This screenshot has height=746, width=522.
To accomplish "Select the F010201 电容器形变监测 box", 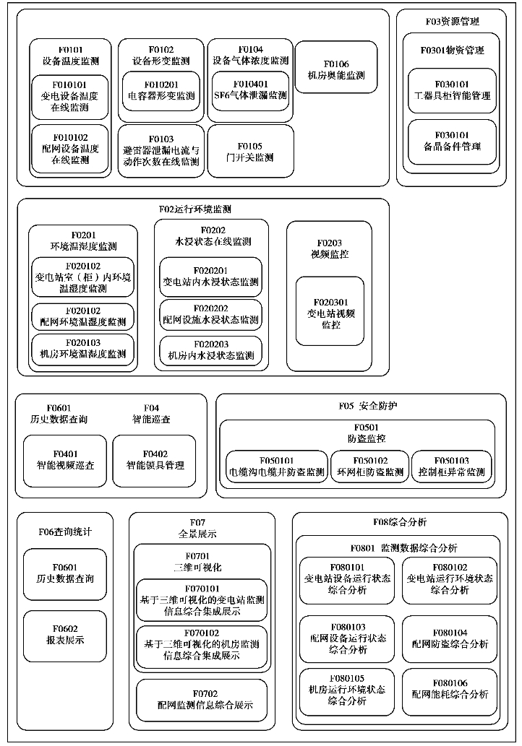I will click(161, 90).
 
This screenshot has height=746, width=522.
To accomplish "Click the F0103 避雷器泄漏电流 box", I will click(161, 150).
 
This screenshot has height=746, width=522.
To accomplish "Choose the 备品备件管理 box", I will click(452, 141).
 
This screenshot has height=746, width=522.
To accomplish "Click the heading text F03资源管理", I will click(452, 22).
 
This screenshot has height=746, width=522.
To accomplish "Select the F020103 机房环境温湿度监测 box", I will click(82, 348).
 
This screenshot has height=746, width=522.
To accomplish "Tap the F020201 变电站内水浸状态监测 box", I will click(210, 277).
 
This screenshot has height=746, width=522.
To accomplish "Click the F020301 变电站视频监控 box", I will click(330, 313).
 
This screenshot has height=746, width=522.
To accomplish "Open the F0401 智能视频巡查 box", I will click(65, 459).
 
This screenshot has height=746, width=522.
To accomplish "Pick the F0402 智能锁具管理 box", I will click(155, 459).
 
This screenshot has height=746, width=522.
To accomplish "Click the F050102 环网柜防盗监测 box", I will click(369, 466).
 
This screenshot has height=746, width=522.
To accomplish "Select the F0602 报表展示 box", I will click(65, 636).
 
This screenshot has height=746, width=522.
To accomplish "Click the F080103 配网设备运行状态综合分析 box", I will click(347, 639).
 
